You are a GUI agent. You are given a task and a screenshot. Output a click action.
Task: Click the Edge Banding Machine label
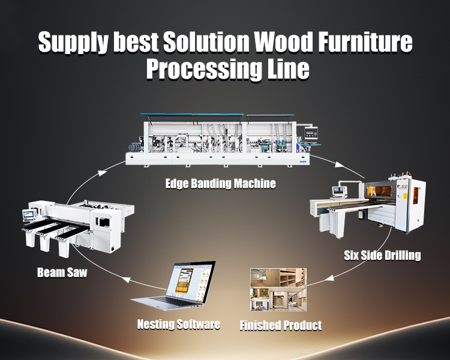click(221, 184)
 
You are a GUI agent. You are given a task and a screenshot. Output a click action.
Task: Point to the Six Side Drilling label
click(382, 255)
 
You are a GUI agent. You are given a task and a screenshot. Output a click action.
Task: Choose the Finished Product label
click(281, 326)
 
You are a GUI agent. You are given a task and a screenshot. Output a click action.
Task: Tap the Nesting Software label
click(179, 325)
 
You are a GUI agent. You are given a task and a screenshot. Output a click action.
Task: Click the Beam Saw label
click(62, 272)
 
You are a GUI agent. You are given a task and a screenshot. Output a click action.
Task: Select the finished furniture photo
click(278, 290)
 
